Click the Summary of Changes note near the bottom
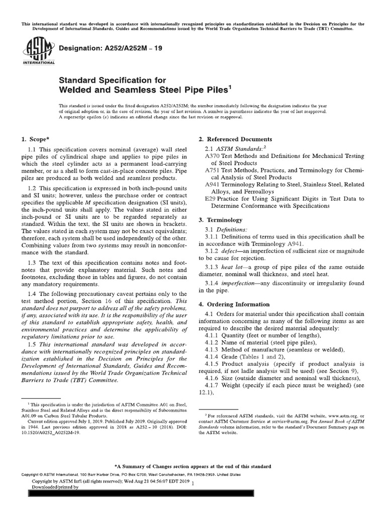pyautogui.click(x=193, y=466)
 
